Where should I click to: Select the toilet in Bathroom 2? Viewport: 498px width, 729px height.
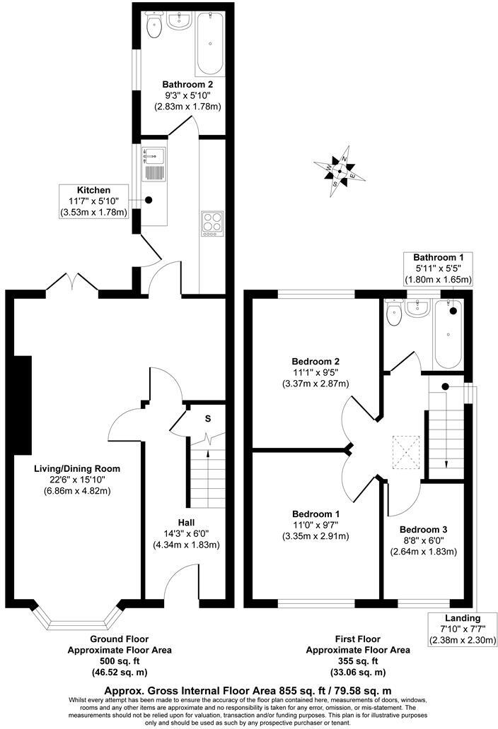click(x=152, y=26)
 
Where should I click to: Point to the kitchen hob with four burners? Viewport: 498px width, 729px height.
click(x=212, y=223)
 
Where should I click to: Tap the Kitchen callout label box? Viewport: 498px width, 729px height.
click(x=94, y=201)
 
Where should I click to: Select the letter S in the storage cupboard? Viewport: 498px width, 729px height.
click(x=207, y=418)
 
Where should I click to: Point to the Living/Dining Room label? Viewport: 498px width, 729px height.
click(x=77, y=468)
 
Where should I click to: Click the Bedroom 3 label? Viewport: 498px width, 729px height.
click(x=423, y=529)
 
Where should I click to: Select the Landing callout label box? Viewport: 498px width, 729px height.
click(x=463, y=629)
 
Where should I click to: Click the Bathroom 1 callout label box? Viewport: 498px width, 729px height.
click(x=438, y=268)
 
